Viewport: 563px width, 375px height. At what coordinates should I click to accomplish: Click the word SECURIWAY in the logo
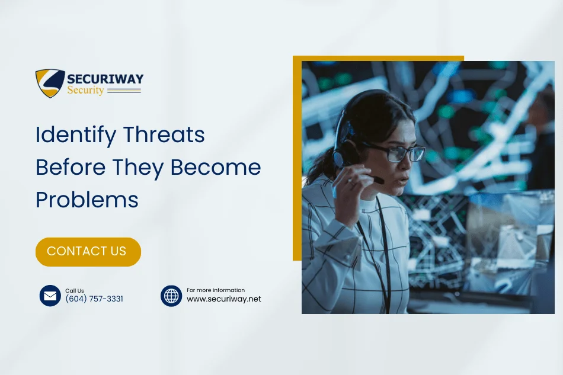(105, 79)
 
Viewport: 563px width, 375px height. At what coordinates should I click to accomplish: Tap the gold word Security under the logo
(85, 91)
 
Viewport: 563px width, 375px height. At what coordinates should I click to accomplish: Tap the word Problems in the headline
(87, 200)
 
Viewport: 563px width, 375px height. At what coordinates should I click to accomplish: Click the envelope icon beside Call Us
(50, 296)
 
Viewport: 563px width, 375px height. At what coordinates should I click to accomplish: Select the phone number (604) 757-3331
(94, 299)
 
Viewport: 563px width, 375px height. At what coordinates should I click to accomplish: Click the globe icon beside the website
(171, 296)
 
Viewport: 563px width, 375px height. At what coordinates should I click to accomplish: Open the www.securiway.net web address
(224, 299)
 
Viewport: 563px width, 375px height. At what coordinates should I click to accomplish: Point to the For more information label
(216, 290)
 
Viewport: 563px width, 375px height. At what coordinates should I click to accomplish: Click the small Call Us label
(75, 291)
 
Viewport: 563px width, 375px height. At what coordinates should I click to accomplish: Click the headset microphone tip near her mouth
(379, 180)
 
